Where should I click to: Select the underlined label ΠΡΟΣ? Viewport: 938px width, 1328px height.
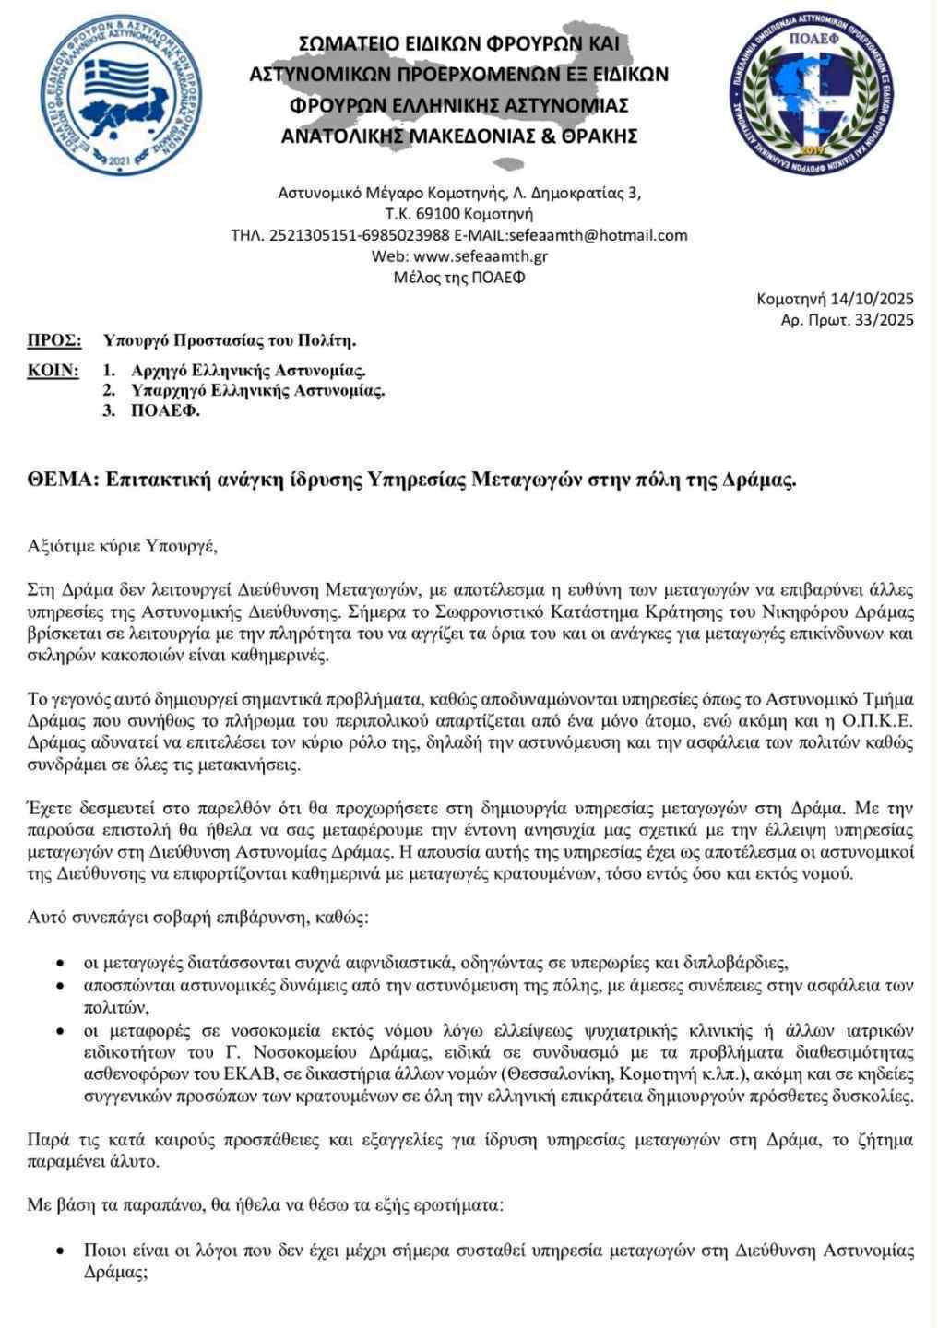[53, 340]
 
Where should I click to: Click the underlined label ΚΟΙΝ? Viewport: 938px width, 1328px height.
[53, 371]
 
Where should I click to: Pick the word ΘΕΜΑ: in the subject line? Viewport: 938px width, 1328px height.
[62, 480]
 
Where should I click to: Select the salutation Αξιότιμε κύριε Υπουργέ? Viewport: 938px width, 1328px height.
[122, 545]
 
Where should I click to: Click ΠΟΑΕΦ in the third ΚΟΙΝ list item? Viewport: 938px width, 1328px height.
[165, 411]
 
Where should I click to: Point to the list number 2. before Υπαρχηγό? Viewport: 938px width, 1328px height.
[108, 391]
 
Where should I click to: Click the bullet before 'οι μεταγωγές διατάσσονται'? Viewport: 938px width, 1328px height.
[60, 965]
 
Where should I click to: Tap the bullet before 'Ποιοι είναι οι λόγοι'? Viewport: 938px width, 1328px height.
[60, 1252]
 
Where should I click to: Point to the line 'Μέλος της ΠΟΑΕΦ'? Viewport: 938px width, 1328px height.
[458, 277]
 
